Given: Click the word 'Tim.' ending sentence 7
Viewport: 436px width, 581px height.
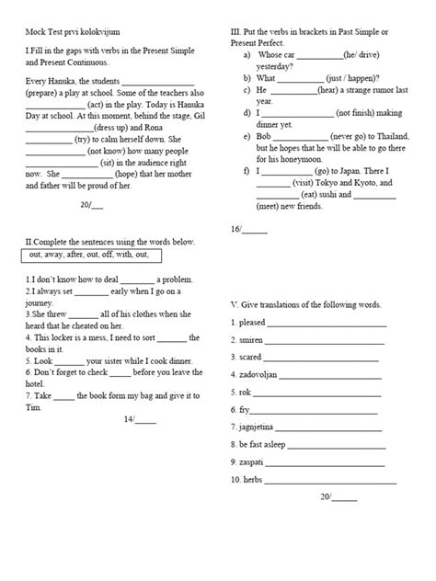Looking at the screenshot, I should point(33,381).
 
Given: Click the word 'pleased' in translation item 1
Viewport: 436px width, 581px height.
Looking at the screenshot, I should point(251,323).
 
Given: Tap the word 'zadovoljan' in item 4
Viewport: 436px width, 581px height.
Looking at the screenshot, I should point(258,375).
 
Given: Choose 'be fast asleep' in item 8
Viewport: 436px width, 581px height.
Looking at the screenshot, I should point(266,445).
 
